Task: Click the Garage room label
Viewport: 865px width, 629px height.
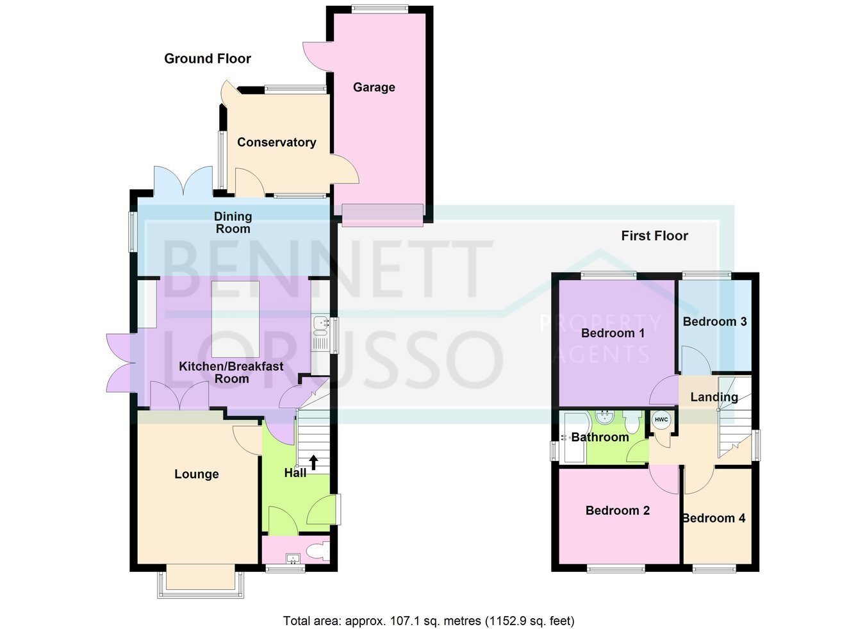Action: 374,87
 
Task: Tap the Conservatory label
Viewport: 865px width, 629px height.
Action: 277,142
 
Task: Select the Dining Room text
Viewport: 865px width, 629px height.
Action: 233,222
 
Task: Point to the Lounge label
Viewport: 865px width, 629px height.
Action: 197,474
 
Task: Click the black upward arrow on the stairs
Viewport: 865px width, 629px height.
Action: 313,462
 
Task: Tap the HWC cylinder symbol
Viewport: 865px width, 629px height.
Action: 661,419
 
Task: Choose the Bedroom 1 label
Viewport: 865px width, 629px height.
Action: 613,333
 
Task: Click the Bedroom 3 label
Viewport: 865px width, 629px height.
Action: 715,321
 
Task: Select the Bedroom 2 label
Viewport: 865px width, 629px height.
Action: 618,510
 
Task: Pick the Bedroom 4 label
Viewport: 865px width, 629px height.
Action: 714,518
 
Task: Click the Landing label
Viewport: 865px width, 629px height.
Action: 714,397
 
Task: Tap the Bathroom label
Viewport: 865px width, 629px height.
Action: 600,437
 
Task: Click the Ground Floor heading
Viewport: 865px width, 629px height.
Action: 208,59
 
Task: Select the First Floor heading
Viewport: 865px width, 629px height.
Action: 655,236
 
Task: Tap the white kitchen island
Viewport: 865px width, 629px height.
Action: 236,319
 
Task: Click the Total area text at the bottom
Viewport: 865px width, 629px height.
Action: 429,610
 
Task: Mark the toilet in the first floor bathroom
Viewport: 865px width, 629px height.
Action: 632,422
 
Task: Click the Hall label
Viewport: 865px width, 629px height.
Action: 295,473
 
